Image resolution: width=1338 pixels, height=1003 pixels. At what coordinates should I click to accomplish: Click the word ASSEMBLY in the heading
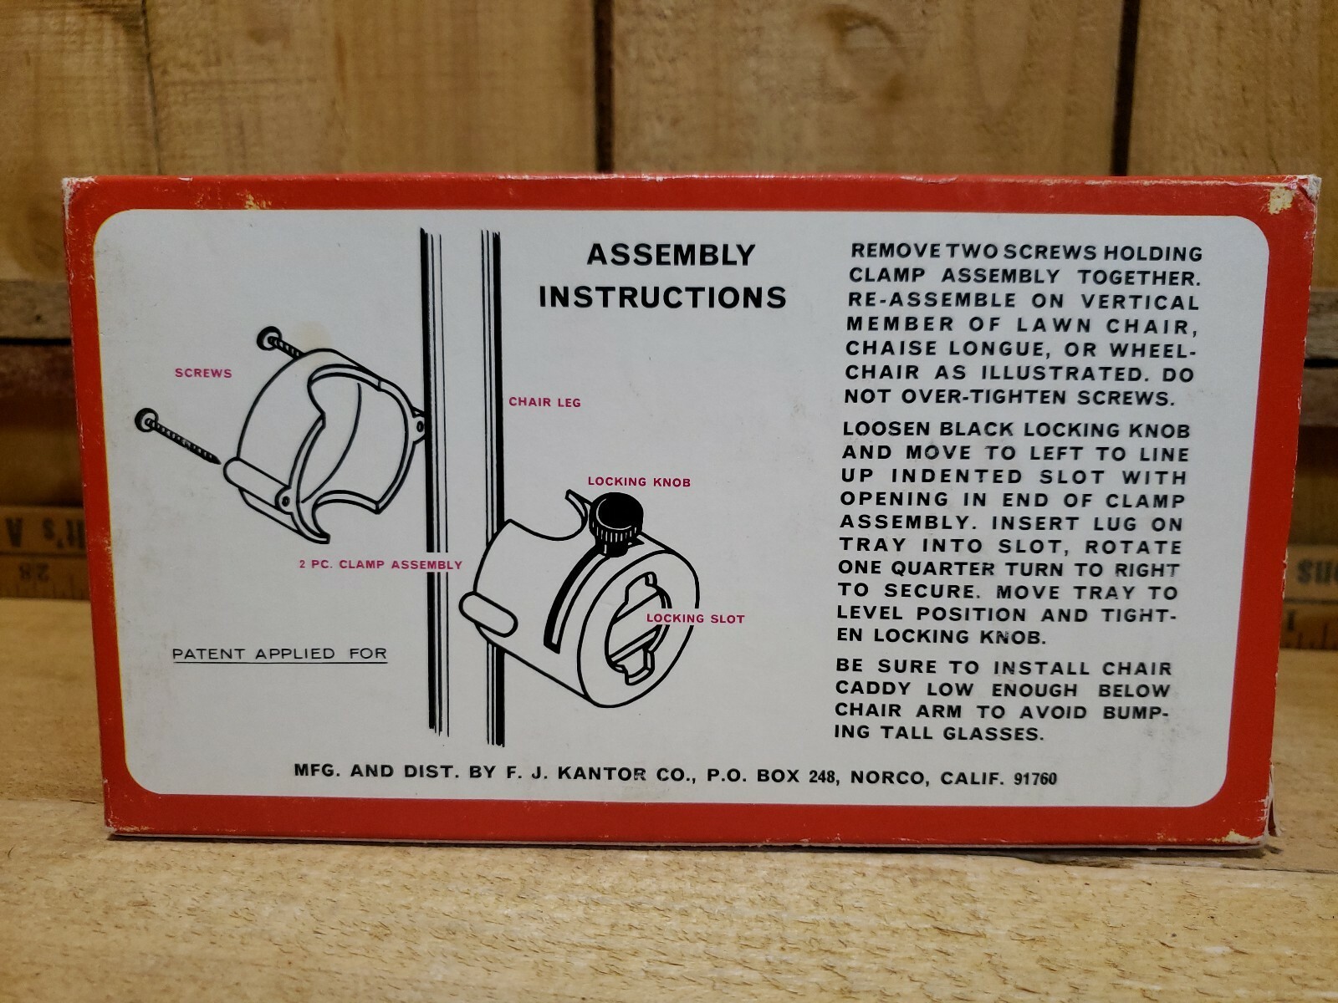(671, 255)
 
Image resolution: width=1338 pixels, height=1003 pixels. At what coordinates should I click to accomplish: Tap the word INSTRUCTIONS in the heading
(662, 298)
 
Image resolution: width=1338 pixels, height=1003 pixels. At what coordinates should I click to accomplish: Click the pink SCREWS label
(203, 373)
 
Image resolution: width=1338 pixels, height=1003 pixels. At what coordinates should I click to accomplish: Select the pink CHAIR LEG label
(545, 402)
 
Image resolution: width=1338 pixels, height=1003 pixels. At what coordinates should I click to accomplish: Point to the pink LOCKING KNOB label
(640, 481)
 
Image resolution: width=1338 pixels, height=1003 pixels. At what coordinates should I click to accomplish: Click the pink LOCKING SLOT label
(696, 619)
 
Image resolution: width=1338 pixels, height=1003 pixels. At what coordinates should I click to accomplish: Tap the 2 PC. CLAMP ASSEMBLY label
(381, 564)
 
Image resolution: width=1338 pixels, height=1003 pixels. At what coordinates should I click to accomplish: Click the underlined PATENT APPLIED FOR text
(280, 654)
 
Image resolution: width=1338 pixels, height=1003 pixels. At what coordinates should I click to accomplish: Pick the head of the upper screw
(268, 338)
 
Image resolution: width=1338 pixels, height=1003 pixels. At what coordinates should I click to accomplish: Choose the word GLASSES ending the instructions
(993, 734)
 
